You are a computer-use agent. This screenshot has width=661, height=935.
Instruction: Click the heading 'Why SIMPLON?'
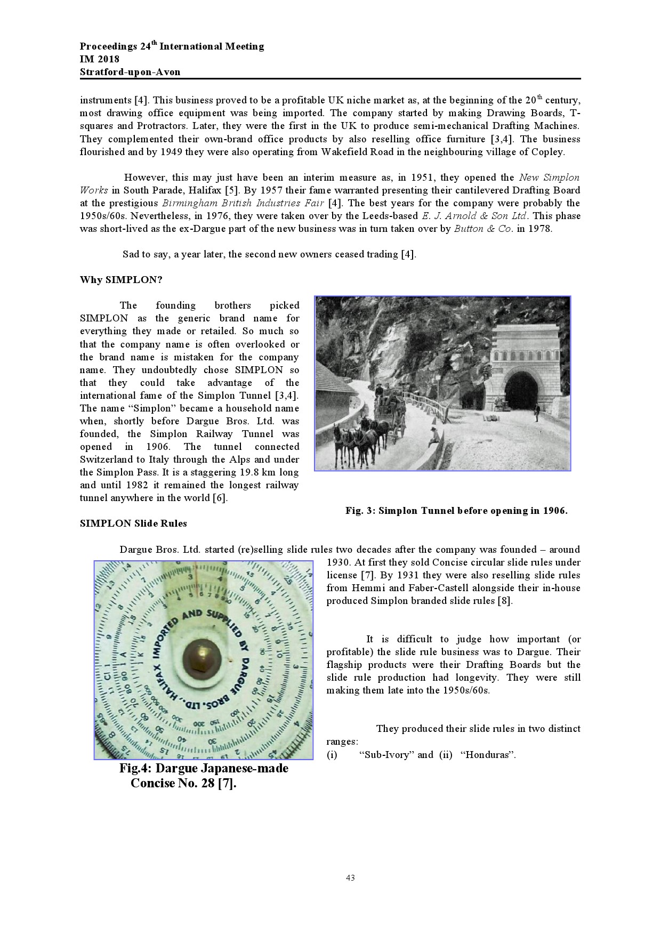pos(121,280)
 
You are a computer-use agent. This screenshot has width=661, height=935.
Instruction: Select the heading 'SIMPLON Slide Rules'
pos(133,523)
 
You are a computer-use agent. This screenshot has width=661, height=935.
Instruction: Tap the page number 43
pos(350,878)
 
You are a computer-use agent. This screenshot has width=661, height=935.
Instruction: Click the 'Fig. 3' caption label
pos(361,511)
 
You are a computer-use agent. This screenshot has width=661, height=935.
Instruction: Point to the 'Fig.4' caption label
pos(135,768)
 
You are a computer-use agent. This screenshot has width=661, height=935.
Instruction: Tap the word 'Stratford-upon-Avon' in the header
pos(130,72)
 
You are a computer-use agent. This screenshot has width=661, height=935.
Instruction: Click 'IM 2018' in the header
pos(100,59)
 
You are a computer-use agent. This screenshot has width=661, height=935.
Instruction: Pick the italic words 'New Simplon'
pos(549,178)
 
